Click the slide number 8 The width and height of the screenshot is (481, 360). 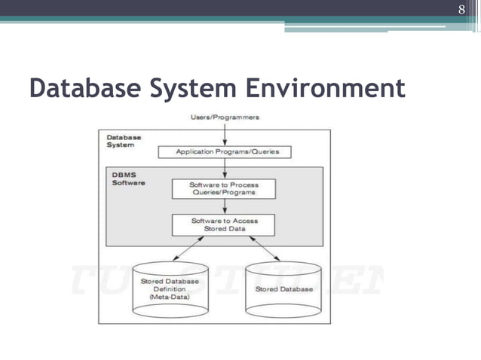click(462, 10)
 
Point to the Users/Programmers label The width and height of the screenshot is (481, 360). click(224, 117)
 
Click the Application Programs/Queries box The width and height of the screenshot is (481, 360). click(224, 151)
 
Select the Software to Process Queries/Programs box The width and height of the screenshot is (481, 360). click(224, 188)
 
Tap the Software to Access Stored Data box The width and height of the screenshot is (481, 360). click(224, 224)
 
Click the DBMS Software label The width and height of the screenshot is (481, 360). click(126, 179)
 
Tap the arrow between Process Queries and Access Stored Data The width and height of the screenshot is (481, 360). click(224, 206)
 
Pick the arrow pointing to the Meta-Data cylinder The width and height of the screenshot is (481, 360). click(189, 248)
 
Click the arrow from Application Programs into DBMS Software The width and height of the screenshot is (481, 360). click(224, 168)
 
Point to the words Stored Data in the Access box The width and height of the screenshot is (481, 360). click(224, 229)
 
